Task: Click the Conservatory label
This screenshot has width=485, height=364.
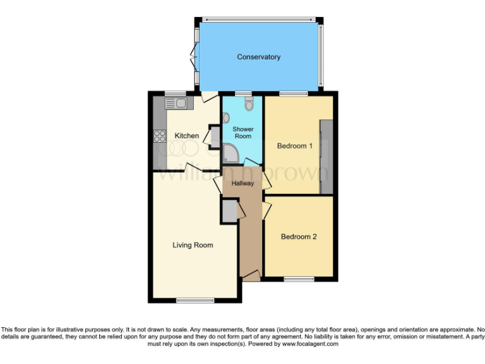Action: (258, 58)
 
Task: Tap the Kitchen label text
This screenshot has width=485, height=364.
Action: (187, 136)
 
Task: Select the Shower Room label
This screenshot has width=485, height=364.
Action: (242, 132)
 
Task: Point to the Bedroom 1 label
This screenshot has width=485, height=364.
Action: (295, 146)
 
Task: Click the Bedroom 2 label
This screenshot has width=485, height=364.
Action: (298, 237)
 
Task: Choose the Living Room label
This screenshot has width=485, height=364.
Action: (193, 245)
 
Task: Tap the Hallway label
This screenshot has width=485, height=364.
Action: (242, 184)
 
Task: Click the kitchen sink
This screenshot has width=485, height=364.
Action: (175, 102)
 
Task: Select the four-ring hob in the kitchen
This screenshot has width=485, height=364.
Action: (159, 136)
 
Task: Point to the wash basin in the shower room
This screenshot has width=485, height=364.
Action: (226, 117)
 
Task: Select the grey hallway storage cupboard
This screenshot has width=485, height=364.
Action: (228, 211)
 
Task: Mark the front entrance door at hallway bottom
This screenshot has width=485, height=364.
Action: (251, 276)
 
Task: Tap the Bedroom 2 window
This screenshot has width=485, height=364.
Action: (298, 279)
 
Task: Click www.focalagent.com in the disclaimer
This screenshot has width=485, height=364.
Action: (310, 344)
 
